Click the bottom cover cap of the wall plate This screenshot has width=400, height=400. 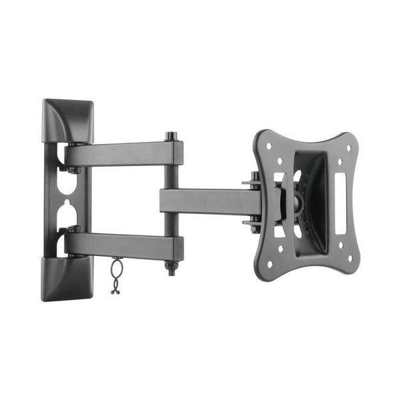(x=67, y=278)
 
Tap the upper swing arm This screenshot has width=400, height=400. (x=123, y=154)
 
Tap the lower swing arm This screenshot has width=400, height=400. (x=123, y=245)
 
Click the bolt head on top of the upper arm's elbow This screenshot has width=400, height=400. (x=172, y=136)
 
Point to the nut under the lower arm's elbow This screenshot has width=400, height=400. (x=172, y=269)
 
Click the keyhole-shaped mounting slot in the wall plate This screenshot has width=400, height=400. (x=67, y=199)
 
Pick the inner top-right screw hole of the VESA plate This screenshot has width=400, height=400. (x=338, y=161)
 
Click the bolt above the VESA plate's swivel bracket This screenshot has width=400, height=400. (x=255, y=177)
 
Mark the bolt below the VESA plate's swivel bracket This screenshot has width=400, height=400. (x=255, y=227)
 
